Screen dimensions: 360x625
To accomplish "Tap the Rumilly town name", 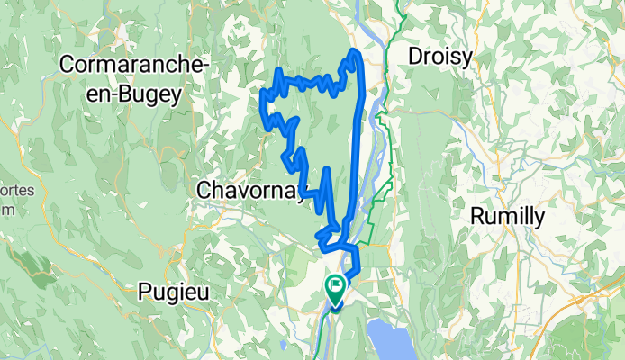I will point(509,217).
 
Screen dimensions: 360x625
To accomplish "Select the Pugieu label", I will point(178,289).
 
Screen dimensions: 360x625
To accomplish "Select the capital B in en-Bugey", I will point(117,92).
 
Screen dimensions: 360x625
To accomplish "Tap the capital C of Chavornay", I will point(204,190).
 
